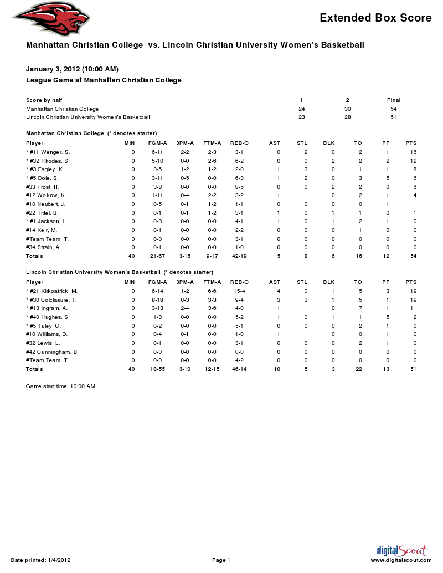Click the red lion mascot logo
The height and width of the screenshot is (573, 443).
point(50,19)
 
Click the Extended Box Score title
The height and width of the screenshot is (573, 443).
point(375,18)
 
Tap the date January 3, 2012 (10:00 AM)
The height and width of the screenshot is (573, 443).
point(72,69)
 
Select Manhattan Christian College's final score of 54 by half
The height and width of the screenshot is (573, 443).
point(393,109)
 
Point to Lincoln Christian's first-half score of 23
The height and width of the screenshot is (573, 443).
point(302,117)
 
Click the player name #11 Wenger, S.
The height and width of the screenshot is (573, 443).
point(48,152)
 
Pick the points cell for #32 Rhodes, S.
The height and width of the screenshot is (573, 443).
point(413,161)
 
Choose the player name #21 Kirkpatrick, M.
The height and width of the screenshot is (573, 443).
point(51,291)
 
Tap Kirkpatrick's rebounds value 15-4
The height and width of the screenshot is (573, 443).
point(239,291)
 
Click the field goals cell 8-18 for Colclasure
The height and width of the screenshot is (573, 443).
point(157,300)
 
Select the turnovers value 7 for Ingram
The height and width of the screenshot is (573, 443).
point(360,308)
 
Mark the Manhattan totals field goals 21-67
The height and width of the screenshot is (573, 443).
point(157,256)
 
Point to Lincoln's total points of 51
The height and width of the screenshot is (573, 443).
point(413,369)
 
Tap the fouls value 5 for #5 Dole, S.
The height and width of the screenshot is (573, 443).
point(387,178)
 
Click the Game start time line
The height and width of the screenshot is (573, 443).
point(60,386)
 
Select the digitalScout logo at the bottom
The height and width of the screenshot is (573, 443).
point(401,550)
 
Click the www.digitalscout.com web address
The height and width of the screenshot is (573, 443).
point(401,560)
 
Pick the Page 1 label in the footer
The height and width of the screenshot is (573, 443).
point(221,560)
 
